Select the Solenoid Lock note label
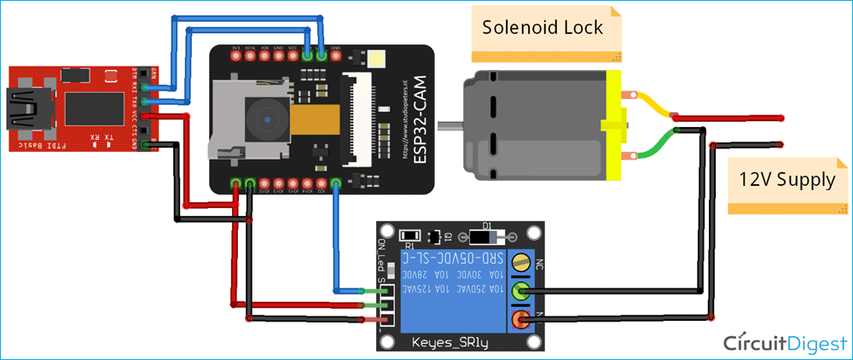pyautogui.click(x=543, y=27)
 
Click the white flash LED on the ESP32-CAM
pyautogui.click(x=376, y=59)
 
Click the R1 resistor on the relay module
pyautogui.click(x=409, y=235)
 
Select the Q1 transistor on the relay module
pyautogui.click(x=437, y=235)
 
